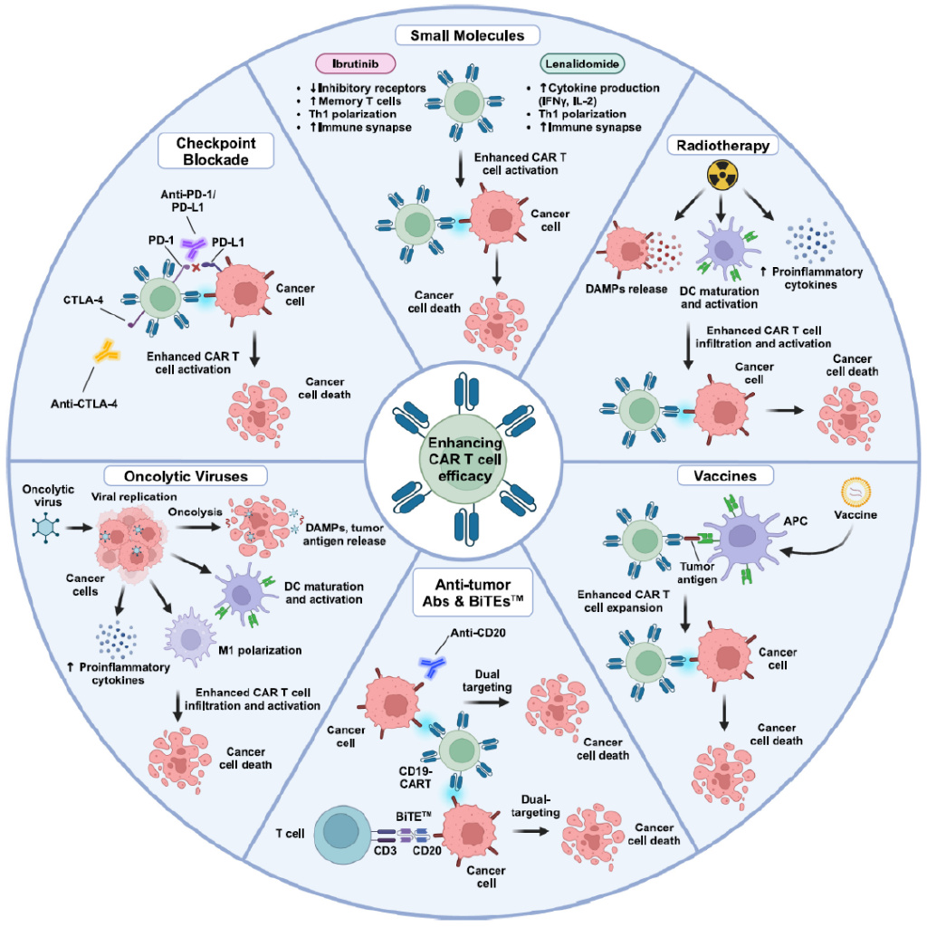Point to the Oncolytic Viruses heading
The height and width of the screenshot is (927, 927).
pos(184,474)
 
